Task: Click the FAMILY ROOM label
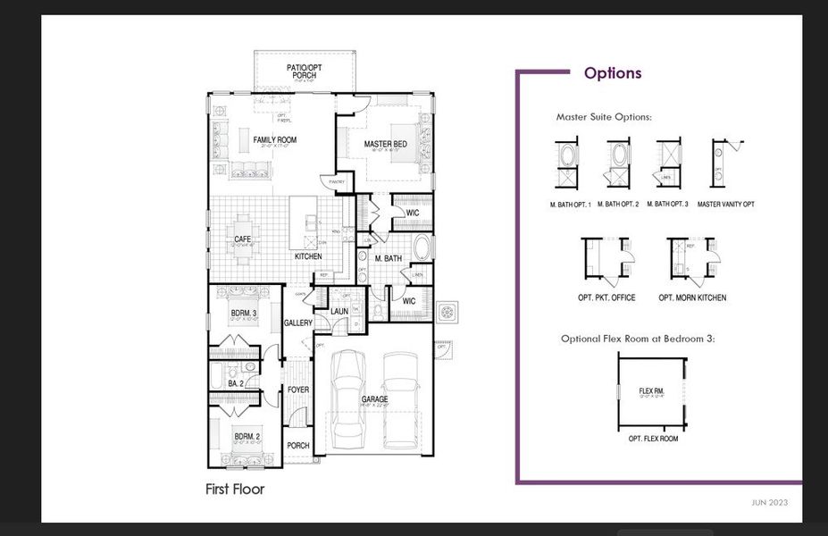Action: (x=274, y=140)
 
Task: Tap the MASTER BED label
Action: (x=385, y=145)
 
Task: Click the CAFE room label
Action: (x=242, y=239)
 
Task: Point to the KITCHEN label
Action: (x=308, y=257)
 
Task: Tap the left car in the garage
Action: (x=347, y=398)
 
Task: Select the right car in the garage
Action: (x=401, y=399)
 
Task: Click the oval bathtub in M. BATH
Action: (x=423, y=249)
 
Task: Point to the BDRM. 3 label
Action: (x=243, y=313)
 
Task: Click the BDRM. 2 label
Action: (x=246, y=437)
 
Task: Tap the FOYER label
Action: (x=297, y=390)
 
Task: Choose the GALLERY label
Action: (x=297, y=323)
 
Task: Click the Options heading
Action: (x=612, y=73)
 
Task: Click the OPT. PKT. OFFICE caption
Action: (x=606, y=297)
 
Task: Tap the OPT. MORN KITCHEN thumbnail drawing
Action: (x=692, y=259)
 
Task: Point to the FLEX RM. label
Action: (x=652, y=391)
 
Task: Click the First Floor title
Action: (x=235, y=490)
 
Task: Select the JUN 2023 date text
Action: (x=769, y=503)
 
